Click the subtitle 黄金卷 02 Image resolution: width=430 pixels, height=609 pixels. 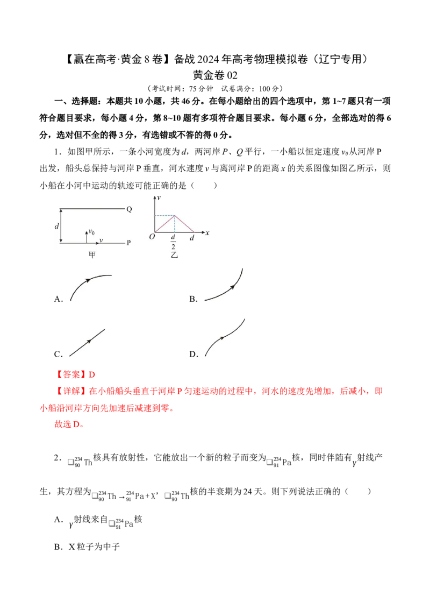(x=215, y=75)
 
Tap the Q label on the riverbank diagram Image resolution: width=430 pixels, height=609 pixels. (x=129, y=209)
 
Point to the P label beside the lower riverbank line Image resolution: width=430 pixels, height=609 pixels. (x=129, y=243)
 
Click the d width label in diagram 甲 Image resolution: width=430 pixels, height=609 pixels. (x=57, y=226)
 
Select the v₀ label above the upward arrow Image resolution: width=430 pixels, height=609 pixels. (x=91, y=232)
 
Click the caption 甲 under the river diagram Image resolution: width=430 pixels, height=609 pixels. (x=92, y=255)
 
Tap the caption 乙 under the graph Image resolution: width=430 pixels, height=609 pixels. (x=174, y=255)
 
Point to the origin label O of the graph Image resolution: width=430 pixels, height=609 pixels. (x=152, y=237)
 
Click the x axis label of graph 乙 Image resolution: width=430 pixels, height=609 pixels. (x=207, y=233)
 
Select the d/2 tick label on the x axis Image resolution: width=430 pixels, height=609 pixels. (x=173, y=242)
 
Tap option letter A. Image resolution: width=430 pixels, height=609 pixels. (x=58, y=299)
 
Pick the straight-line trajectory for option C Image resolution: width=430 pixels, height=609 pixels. (x=87, y=343)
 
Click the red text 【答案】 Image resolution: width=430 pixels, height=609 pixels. (x=71, y=375)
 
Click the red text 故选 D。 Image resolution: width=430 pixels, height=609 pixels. (x=70, y=424)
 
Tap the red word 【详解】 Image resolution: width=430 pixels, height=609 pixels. (x=71, y=391)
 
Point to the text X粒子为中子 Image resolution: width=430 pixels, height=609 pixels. (x=94, y=547)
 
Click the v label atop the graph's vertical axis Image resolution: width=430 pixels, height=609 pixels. (x=159, y=198)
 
